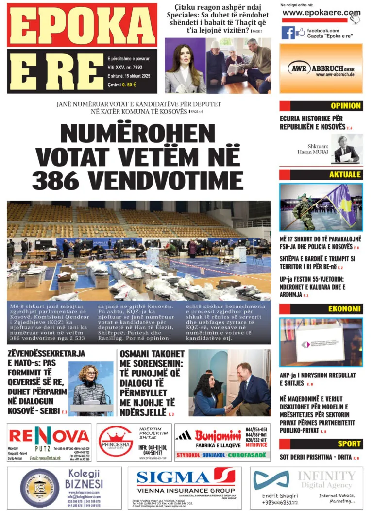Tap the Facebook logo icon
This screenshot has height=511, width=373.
click(288, 33)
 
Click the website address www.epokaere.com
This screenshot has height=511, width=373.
click(321, 13)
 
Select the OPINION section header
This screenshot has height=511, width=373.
click(345, 106)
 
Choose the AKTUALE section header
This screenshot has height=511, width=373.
click(345, 175)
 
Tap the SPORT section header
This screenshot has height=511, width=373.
click(349, 443)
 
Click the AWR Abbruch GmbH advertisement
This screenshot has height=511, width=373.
click(321, 68)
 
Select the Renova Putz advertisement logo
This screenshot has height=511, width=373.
click(49, 436)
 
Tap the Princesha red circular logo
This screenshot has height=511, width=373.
click(116, 441)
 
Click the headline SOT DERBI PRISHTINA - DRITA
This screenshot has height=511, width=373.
click(316, 457)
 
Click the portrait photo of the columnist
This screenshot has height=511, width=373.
click(347, 149)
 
